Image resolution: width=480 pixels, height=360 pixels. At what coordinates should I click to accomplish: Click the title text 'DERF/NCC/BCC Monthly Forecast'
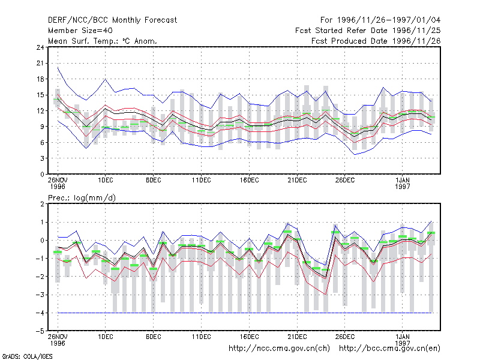112,20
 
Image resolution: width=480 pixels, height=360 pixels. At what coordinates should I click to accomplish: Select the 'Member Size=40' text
80,31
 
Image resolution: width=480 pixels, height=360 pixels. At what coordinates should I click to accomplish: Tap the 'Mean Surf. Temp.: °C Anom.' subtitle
103,41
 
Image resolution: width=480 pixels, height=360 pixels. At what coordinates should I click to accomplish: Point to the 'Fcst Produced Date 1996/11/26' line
376,41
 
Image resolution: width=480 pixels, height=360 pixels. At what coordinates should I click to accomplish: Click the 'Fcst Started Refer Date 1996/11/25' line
368,31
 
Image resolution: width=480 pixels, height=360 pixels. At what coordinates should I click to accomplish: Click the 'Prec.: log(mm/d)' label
82,198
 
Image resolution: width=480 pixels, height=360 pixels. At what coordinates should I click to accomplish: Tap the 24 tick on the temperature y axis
40,47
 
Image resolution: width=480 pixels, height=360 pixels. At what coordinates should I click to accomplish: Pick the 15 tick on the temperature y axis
40,95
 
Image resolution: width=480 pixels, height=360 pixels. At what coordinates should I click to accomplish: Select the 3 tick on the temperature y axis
42,158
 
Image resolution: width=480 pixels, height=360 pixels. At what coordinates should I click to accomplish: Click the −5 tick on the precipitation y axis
40,331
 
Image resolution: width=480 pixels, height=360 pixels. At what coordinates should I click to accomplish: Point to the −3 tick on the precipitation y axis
40,295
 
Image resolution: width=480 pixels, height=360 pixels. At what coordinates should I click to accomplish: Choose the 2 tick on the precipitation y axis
42,204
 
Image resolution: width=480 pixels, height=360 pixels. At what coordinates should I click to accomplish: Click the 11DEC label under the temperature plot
202,181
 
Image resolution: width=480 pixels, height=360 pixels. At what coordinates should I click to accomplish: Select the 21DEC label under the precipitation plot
297,337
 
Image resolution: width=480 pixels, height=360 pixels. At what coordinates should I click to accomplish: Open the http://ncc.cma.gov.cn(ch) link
279,349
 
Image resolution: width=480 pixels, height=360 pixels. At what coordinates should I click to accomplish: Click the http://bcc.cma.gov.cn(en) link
389,349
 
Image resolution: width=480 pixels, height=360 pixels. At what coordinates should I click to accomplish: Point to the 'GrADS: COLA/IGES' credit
27,356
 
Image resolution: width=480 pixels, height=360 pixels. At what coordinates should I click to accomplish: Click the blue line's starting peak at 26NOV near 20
58,68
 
